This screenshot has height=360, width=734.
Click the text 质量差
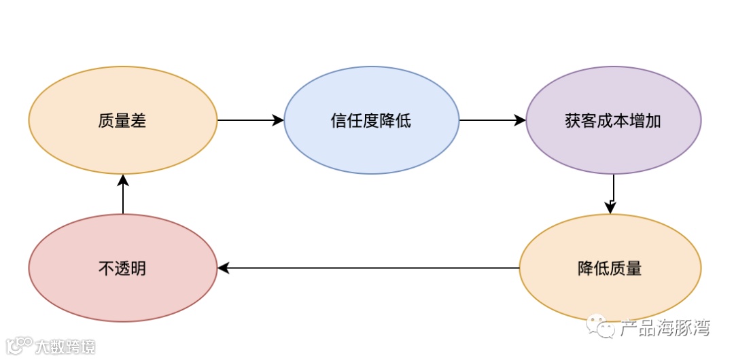[x=123, y=122]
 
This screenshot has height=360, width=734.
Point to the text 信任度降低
[x=371, y=122]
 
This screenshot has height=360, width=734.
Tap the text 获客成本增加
[x=614, y=122]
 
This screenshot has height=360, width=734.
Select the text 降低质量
[x=610, y=268]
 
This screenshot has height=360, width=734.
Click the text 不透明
[x=123, y=269]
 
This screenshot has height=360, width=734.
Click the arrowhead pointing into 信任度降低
[x=279, y=121]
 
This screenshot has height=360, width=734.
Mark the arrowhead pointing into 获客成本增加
[x=521, y=121]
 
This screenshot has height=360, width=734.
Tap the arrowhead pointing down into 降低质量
[x=610, y=209]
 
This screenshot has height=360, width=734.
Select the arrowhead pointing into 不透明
[x=223, y=268]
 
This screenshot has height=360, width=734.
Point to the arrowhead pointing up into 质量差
[x=123, y=179]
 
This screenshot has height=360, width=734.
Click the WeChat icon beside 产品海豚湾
[x=602, y=327]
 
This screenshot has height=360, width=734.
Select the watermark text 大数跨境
[x=65, y=346]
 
